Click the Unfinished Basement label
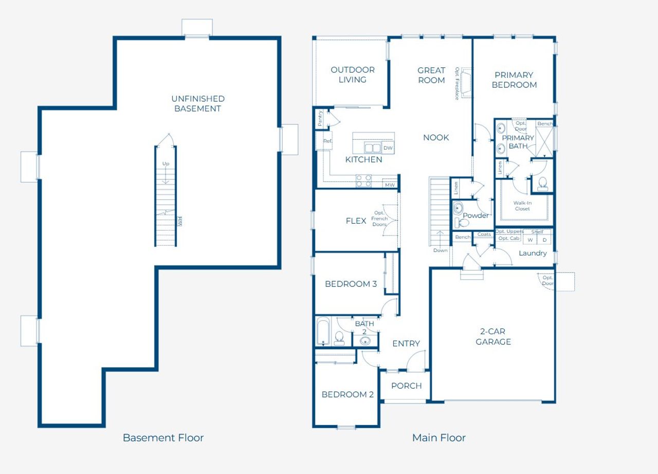(198, 103)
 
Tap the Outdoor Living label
(352, 75)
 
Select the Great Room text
(431, 75)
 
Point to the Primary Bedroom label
(514, 80)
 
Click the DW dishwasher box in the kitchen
(388, 148)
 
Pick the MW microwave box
(390, 185)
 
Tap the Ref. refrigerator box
(326, 141)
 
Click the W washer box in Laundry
(530, 240)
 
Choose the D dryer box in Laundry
(544, 240)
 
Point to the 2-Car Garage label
(493, 337)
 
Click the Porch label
(406, 386)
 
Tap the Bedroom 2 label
(348, 394)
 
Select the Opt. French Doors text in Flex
(379, 219)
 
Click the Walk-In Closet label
(522, 206)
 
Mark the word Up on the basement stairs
(166, 163)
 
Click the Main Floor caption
(438, 438)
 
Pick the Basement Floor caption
(163, 438)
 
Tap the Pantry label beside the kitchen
(320, 118)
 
